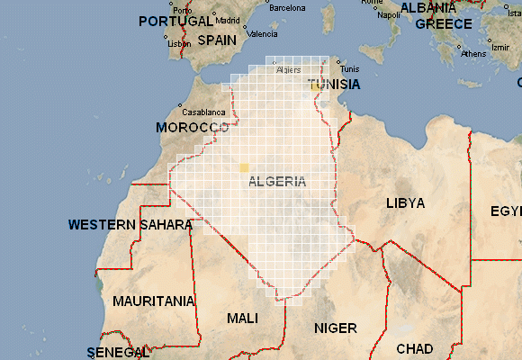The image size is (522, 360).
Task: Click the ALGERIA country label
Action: (x=275, y=181)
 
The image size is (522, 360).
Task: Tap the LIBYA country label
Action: (x=405, y=203)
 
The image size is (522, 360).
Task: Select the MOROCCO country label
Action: (x=193, y=128)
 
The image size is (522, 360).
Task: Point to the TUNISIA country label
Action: (x=334, y=85)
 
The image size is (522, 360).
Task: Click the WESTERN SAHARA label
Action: (x=130, y=224)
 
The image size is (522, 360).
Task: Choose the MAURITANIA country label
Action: (x=154, y=301)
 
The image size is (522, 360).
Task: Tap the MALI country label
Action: (x=243, y=319)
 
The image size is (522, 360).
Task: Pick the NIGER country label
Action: (x=335, y=328)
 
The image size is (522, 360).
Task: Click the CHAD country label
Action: (x=414, y=348)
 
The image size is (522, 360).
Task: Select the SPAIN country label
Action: (x=217, y=40)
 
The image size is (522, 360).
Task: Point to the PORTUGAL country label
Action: (x=176, y=21)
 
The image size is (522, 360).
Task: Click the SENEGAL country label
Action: (x=118, y=351)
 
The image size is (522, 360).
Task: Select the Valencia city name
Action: (x=262, y=34)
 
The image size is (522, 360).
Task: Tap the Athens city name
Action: (x=472, y=54)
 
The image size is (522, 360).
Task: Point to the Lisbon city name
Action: (x=179, y=43)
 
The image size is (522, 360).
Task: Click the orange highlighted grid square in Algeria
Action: (x=243, y=167)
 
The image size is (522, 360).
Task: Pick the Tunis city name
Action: (x=350, y=69)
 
